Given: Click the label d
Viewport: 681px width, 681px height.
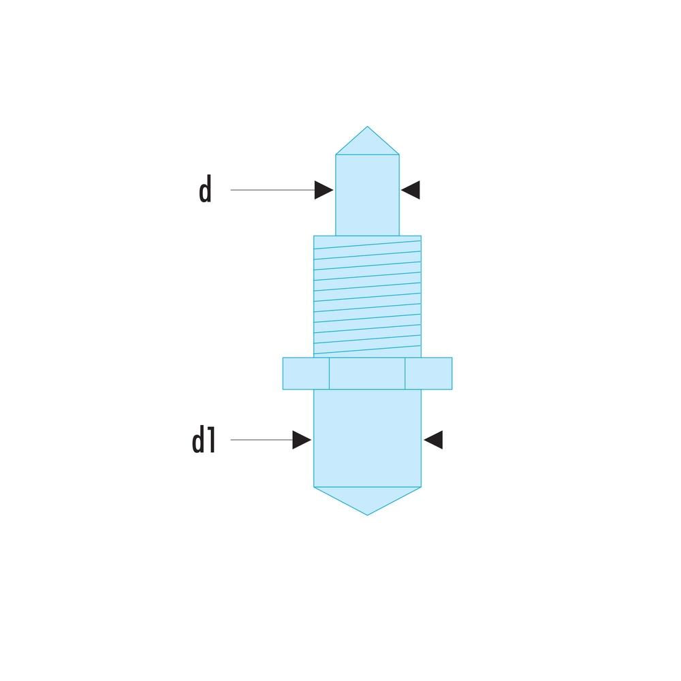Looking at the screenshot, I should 205,191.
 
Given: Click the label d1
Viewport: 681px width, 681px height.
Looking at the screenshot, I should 204,441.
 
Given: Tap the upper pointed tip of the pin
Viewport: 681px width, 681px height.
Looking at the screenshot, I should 367,127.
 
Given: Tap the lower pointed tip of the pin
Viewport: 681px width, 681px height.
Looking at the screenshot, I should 367,514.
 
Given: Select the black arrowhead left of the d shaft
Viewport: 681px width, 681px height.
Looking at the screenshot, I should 323,190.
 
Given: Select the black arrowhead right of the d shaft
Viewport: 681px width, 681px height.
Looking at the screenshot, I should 411,190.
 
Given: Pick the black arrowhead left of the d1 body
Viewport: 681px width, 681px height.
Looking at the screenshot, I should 302,440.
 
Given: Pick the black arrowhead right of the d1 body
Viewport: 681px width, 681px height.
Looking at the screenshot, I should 433,440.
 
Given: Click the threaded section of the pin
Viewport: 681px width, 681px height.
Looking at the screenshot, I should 367,296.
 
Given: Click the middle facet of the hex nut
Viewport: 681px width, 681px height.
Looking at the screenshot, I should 367,373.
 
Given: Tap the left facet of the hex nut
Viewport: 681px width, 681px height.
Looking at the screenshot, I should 306,373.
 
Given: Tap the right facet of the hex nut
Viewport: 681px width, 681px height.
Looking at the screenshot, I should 428,373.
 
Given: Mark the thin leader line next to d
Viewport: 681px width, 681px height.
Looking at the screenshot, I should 272,190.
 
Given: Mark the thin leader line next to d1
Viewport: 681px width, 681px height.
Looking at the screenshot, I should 262,440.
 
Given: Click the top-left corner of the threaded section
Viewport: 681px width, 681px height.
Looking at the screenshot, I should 314,236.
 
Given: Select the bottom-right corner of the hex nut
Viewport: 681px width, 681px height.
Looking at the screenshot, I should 452,389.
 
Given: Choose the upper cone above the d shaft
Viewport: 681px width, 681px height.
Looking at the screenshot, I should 367,144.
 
